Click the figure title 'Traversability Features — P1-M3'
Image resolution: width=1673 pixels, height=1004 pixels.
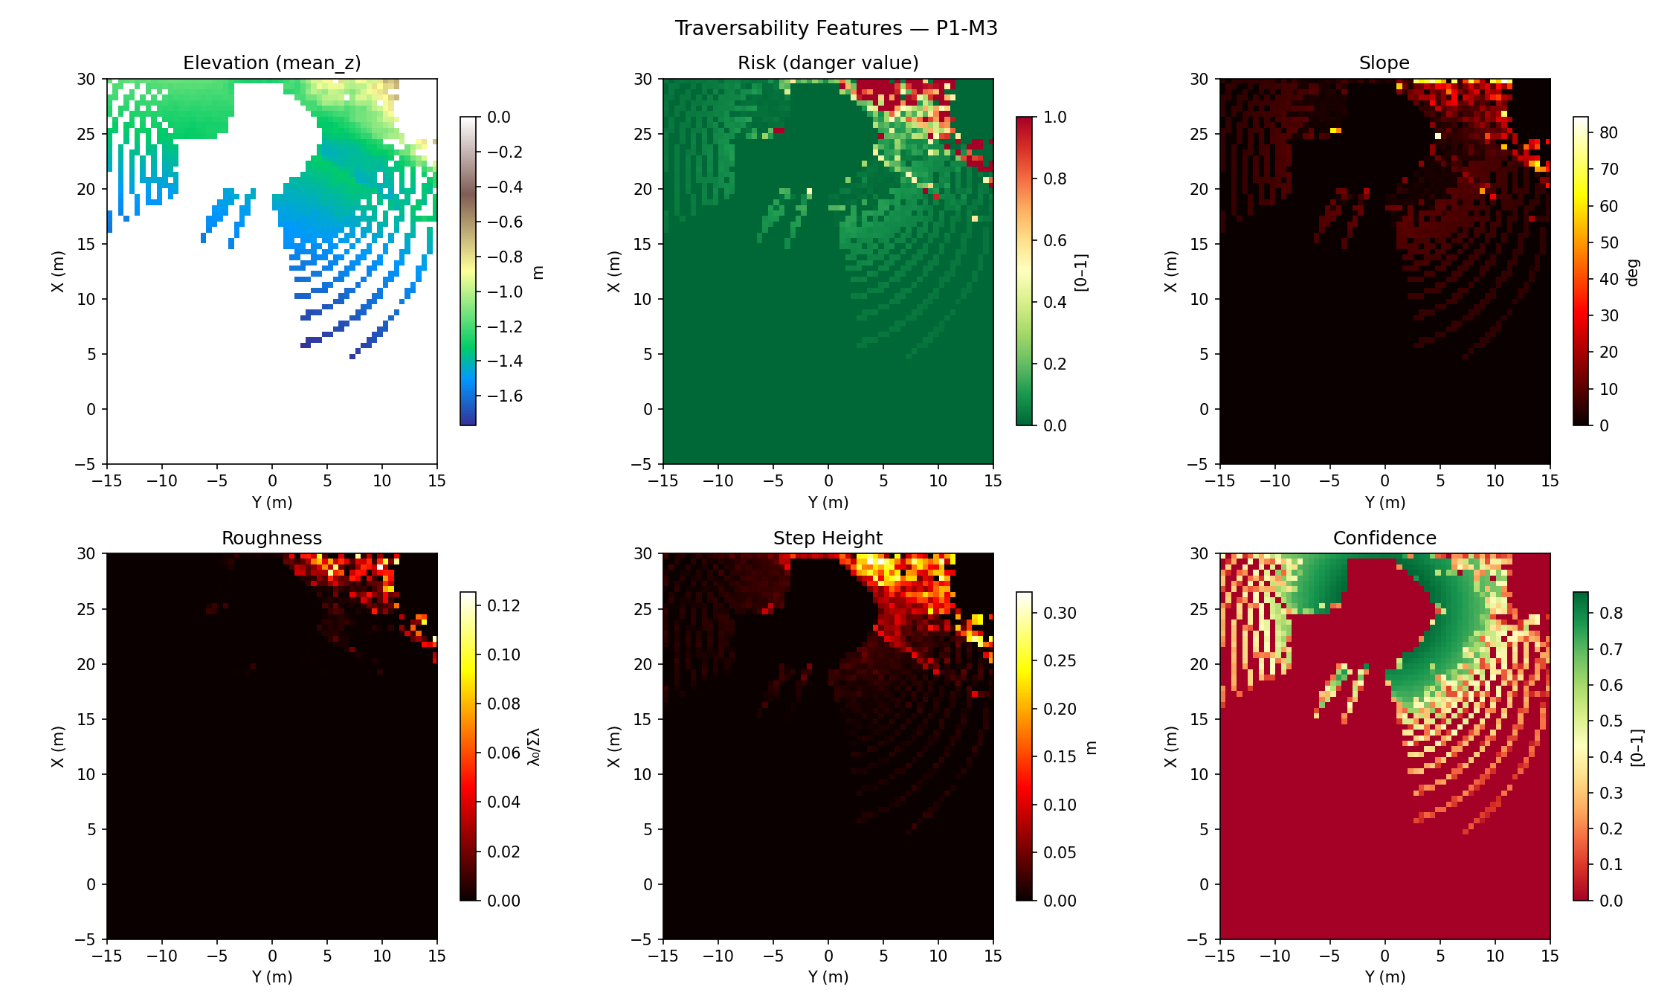pos(836,28)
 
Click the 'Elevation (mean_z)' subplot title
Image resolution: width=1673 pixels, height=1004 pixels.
pos(272,63)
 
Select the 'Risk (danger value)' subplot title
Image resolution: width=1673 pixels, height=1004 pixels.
pos(828,63)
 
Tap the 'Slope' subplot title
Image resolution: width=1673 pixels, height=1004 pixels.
pos(1384,63)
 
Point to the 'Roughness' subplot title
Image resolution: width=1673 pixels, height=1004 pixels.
pos(271,538)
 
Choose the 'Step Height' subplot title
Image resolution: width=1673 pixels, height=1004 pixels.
pos(828,538)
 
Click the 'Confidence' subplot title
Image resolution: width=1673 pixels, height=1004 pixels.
pos(1384,538)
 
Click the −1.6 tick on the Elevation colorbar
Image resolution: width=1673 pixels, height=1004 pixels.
pos(504,396)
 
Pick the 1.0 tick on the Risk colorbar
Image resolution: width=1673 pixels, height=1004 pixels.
pos(1054,118)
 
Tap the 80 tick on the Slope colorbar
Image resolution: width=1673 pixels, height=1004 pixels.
pos(1608,133)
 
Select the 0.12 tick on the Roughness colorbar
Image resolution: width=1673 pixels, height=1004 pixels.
pos(503,605)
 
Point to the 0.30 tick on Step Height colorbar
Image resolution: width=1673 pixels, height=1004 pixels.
pos(1060,613)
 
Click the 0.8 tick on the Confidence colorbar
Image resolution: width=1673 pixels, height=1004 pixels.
pos(1611,613)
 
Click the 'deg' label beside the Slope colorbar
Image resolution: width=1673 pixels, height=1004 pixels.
pos(1633,272)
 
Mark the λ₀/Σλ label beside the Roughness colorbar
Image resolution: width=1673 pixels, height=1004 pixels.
pos(534,747)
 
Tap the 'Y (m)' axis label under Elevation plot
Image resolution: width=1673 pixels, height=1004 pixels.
pos(272,502)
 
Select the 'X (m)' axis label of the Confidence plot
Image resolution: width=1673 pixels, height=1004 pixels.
pos(1170,747)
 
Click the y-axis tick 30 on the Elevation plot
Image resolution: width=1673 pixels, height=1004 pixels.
pos(86,79)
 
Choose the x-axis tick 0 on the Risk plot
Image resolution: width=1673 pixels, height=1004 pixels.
pos(828,481)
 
